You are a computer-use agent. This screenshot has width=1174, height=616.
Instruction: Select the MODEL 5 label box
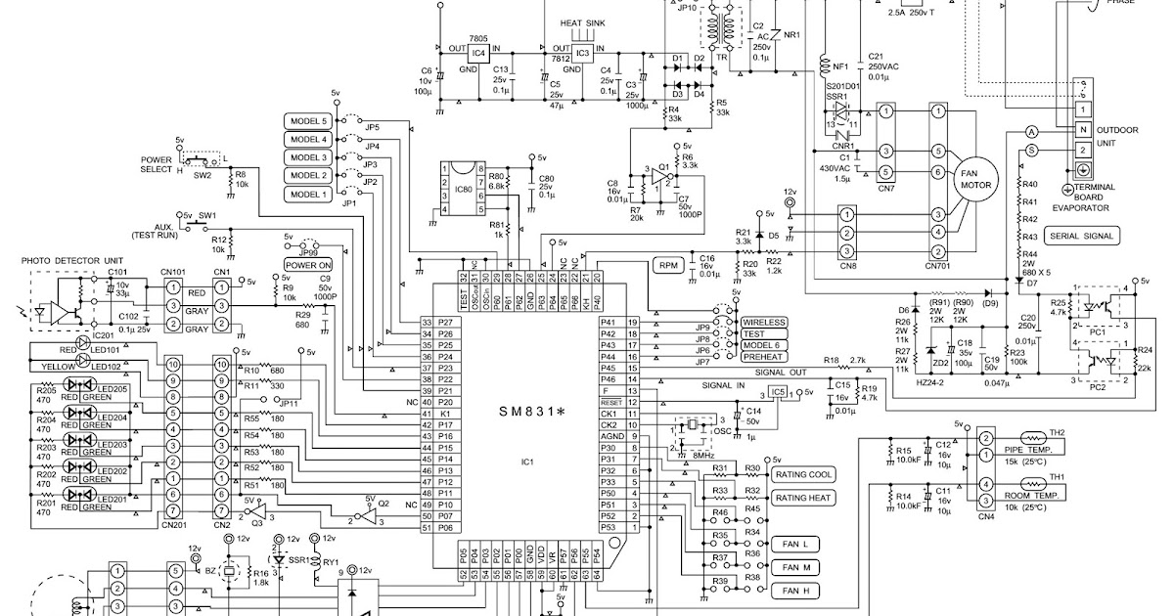click(307, 121)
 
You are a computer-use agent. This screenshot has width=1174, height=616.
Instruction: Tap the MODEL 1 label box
click(307, 194)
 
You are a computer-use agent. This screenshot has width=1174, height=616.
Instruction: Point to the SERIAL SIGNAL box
click(1081, 236)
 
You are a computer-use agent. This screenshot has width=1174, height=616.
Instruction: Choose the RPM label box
click(668, 265)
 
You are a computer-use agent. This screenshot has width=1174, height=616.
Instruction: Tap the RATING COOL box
click(804, 474)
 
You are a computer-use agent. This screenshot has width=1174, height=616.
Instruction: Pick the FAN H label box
click(794, 591)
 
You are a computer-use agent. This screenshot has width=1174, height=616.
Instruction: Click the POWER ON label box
click(308, 264)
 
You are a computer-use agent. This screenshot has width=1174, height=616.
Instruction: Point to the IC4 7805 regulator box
click(478, 53)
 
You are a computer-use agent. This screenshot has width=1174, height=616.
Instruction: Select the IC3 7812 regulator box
click(582, 53)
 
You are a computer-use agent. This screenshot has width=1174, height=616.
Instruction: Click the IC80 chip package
click(465, 188)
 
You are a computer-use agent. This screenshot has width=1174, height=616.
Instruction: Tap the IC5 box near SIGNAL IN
click(777, 392)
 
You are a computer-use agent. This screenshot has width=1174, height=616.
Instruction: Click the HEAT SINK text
click(583, 22)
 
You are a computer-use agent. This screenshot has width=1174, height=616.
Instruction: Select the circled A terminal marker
click(1030, 131)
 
